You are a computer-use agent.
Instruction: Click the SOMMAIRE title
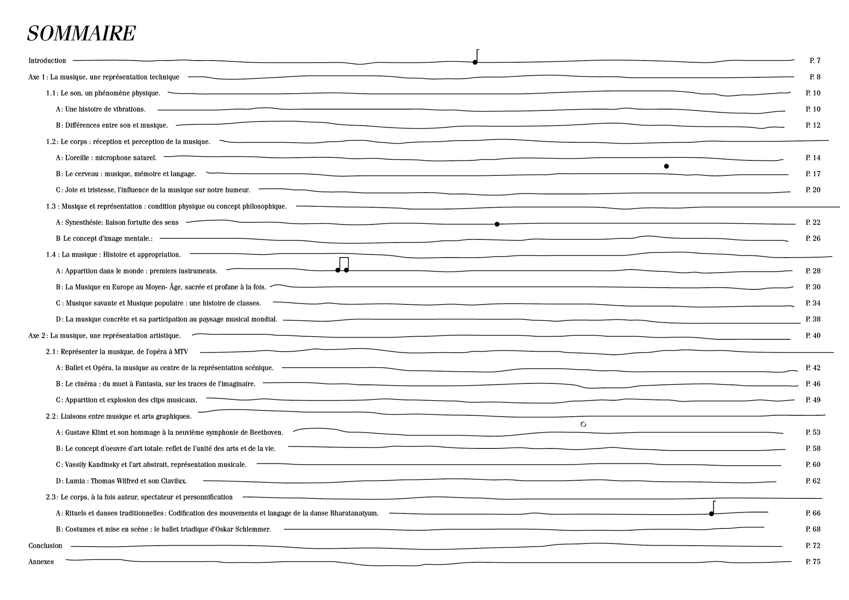[81, 34]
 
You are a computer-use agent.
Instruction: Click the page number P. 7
[815, 61]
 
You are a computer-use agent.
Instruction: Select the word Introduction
[47, 61]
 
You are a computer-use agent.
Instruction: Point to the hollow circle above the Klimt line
[583, 424]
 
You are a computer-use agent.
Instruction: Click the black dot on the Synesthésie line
[497, 224]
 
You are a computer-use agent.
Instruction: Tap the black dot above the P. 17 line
[666, 166]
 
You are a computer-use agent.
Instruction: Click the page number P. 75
[813, 562]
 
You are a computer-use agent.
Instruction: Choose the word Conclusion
[46, 546]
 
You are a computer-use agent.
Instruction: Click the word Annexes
[41, 562]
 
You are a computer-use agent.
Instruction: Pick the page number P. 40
[813, 335]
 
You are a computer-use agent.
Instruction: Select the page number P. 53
[813, 432]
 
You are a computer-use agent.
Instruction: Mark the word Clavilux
[172, 481]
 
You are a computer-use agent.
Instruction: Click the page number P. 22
[813, 222]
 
